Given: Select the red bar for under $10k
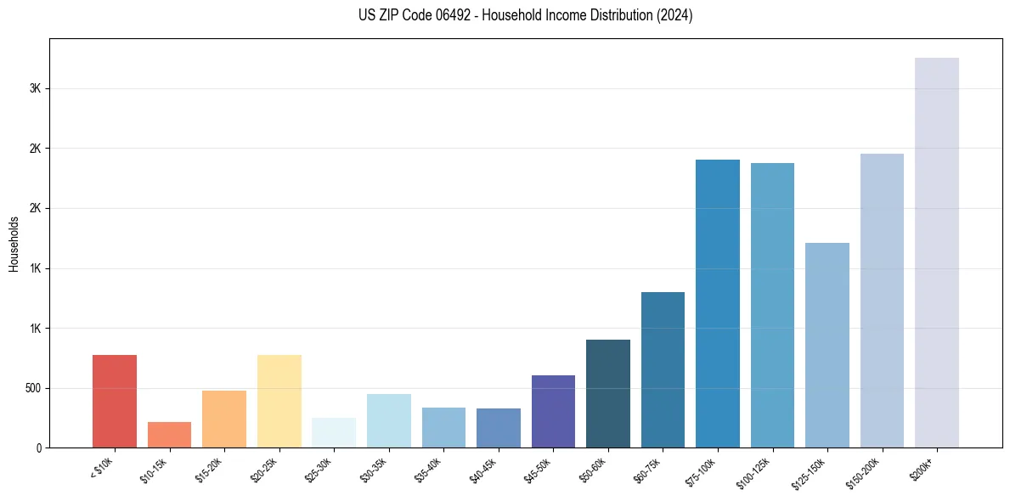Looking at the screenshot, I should point(115,401).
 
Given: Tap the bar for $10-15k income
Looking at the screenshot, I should point(169,435).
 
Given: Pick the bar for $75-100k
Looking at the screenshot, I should point(717,303).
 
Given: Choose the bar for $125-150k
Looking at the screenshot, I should point(827,345).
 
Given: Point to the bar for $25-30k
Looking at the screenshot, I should point(334,432).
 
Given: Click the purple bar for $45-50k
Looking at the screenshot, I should point(553,411).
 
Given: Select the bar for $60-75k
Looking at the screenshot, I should point(663,369).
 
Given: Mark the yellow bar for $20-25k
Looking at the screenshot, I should point(279,401).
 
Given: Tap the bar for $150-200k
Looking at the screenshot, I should point(882,301).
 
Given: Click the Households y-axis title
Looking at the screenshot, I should point(14,244).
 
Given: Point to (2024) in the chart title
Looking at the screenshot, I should point(674,15).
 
